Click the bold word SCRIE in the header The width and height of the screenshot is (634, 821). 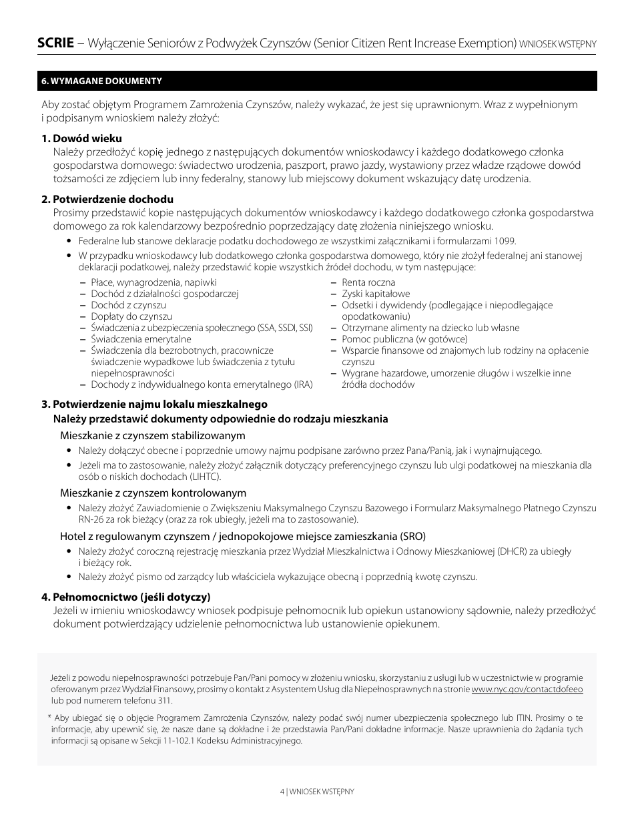(x=55, y=43)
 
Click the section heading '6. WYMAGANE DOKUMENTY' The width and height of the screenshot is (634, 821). (x=101, y=81)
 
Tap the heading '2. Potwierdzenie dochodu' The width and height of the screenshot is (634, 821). (x=107, y=199)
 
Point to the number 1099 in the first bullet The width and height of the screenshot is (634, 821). (x=506, y=241)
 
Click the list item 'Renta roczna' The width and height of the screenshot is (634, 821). (x=368, y=282)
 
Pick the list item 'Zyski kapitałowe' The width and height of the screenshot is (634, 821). (x=376, y=294)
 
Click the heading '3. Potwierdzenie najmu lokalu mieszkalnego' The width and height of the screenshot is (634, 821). (x=154, y=404)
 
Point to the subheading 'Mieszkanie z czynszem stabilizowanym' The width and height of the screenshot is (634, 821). (x=153, y=435)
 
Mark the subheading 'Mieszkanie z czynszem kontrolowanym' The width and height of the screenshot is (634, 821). (x=153, y=493)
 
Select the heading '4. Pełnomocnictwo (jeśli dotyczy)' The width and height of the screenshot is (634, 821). (x=125, y=596)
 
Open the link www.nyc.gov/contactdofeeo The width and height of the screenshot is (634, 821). (x=527, y=689)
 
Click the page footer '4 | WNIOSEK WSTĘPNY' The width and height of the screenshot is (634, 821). (x=316, y=791)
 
